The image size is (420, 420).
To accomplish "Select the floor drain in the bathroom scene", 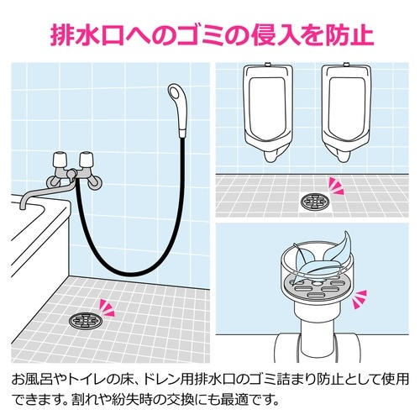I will tap(86, 320).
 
